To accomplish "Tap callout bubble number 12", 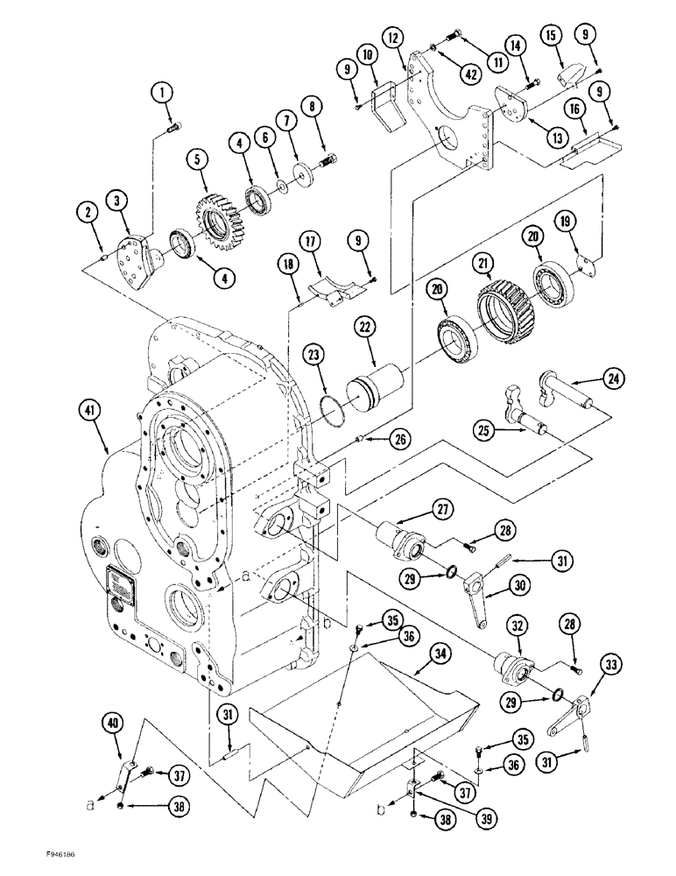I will pyautogui.click(x=394, y=37).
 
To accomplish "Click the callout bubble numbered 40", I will pyautogui.click(x=112, y=724).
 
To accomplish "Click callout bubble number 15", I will pyautogui.click(x=551, y=37).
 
